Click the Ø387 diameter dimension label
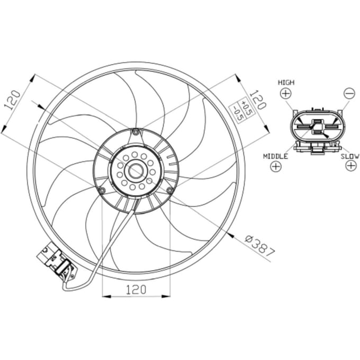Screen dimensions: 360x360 259,246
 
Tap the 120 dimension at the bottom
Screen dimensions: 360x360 136,290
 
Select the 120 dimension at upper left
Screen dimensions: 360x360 12,100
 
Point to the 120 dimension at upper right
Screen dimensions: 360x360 258,100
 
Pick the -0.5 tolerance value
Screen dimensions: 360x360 237,113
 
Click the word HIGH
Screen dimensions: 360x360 286,83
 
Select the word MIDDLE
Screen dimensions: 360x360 275,157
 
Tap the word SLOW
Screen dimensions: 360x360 349,157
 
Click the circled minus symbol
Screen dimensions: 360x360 349,94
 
